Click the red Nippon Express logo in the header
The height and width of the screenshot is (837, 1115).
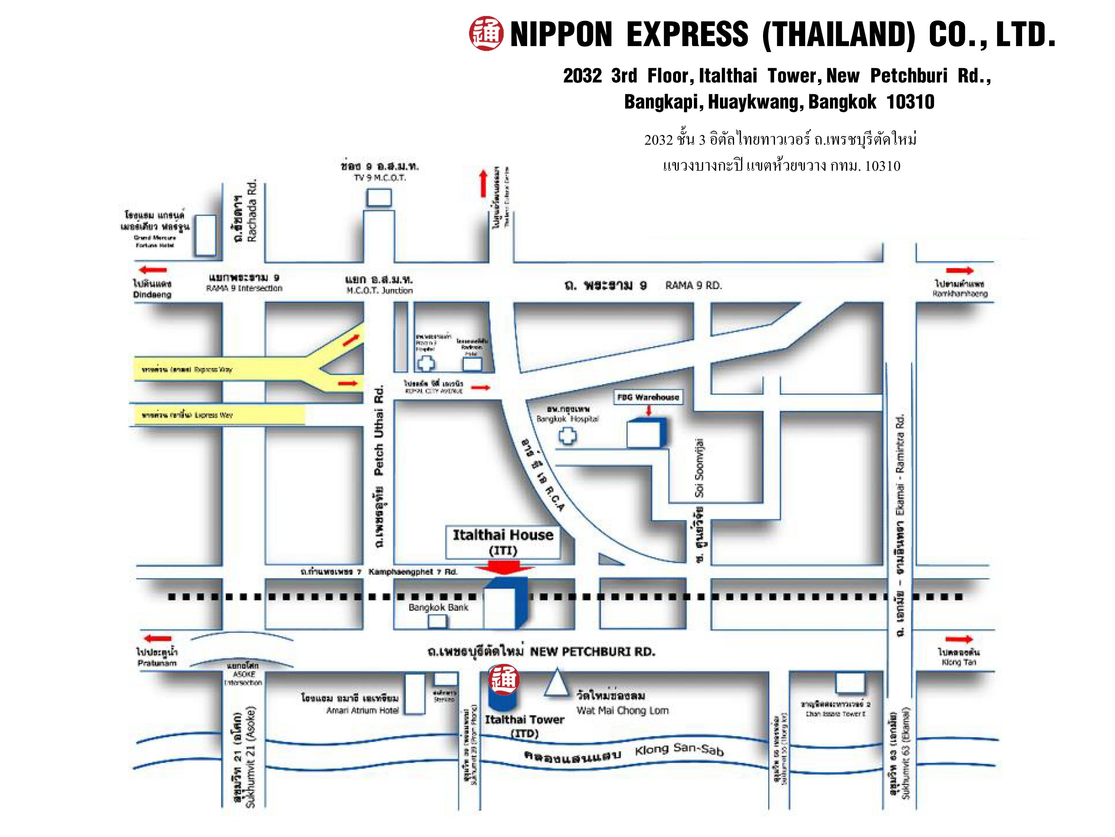[x=485, y=34]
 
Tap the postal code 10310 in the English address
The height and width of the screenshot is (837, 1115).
[x=910, y=102]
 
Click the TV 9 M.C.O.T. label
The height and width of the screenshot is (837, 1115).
[x=379, y=177]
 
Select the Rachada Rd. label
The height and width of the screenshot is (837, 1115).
[x=252, y=211]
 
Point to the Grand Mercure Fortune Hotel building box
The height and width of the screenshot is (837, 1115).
[x=205, y=235]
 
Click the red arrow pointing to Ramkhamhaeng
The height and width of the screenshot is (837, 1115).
[x=959, y=271]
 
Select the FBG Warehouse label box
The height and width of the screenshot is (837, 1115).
[x=648, y=397]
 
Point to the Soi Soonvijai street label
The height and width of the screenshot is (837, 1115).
[x=699, y=468]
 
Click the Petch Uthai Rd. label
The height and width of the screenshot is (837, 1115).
[x=379, y=430]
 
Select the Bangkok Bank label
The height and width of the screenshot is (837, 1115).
[x=438, y=607]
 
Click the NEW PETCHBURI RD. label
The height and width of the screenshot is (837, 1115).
[x=592, y=651]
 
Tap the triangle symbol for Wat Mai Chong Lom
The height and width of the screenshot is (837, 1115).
[x=556, y=684]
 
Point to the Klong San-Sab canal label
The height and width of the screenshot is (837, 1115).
[x=679, y=750]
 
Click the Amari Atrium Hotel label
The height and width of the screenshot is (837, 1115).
[x=362, y=711]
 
